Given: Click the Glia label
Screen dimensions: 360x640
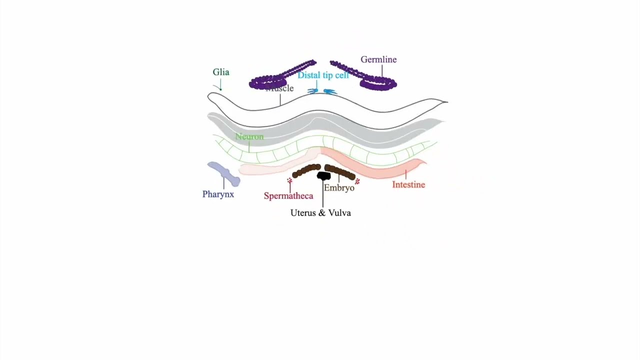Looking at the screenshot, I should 220,72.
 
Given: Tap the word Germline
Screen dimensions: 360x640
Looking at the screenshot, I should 378,59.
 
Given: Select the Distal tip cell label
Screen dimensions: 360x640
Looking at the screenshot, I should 323,75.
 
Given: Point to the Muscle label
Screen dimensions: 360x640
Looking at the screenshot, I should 280,88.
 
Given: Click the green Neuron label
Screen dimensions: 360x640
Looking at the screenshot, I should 249,136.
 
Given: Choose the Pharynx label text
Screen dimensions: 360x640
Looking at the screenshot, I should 218,194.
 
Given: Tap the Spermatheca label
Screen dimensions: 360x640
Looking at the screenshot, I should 288,195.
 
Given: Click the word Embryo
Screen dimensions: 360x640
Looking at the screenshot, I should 339,188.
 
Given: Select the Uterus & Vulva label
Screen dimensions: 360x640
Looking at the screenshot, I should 320,212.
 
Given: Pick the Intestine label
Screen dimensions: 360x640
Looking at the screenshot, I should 408,184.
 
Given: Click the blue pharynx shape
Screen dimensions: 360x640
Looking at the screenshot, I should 223,172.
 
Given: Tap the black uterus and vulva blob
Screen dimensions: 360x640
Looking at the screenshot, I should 324,176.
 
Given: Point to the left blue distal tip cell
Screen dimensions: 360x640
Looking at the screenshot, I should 313,91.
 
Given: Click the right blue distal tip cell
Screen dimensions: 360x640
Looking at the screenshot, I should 330,91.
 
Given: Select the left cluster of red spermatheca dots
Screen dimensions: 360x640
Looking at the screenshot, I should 289,180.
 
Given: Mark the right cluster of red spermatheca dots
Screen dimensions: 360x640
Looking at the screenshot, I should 357,181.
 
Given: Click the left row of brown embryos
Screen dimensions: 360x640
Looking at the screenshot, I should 306,170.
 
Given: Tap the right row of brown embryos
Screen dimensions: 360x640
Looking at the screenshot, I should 340,172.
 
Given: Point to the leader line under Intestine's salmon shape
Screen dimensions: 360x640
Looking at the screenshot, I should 405,174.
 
